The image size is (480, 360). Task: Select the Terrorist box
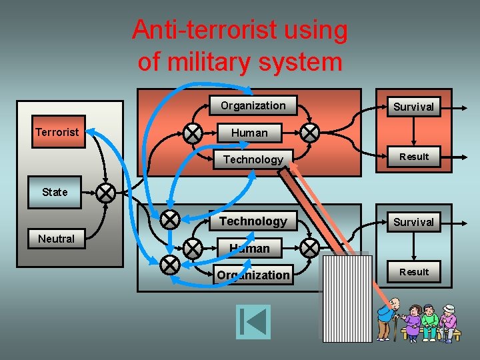[57, 132]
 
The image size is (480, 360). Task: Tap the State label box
[55, 192]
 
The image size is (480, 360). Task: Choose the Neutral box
[57, 239]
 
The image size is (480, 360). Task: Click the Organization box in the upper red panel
[253, 105]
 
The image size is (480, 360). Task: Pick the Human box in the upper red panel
[249, 133]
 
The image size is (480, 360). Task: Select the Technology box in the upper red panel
[253, 159]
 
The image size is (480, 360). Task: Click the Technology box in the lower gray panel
[253, 221]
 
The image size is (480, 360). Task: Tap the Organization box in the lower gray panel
[253, 275]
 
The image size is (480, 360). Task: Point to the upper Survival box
[413, 107]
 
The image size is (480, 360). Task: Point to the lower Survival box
[413, 222]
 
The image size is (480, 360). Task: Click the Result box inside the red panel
[414, 157]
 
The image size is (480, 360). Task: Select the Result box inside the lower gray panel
[414, 272]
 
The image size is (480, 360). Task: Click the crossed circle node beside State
[105, 193]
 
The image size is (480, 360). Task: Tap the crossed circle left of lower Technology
[170, 218]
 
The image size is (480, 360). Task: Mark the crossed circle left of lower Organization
[170, 265]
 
